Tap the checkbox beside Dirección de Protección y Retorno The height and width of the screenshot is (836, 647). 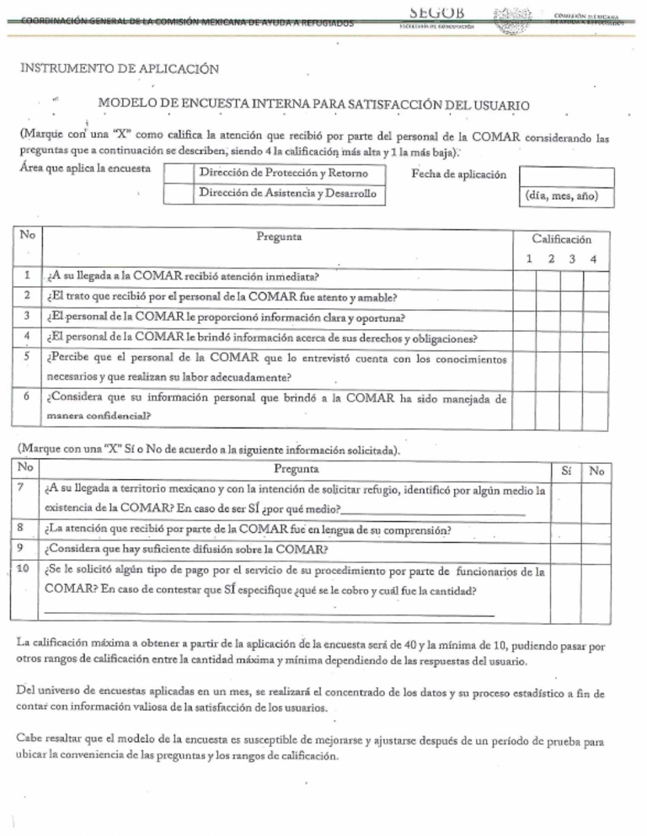coord(177,174)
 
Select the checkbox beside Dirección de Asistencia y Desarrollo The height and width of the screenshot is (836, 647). coord(177,194)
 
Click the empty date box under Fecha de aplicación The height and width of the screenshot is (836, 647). coord(565,175)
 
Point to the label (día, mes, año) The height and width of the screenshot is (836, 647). coord(565,195)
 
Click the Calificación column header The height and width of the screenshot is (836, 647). coord(562,239)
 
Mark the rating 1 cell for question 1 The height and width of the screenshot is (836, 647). coord(528,275)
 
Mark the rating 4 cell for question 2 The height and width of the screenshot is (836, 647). coord(594,296)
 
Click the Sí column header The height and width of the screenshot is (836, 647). coord(564,471)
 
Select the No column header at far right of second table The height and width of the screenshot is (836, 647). coord(596,471)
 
